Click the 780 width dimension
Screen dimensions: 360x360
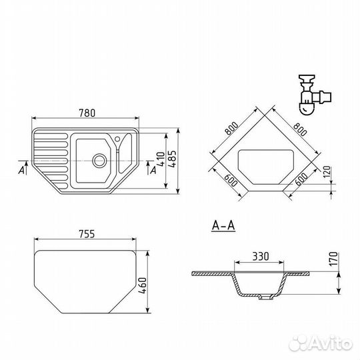coord(87,113)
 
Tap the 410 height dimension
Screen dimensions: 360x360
coord(161,159)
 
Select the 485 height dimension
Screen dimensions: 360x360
coord(172,159)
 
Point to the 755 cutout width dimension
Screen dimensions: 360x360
coord(87,234)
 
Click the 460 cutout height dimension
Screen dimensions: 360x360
coord(143,285)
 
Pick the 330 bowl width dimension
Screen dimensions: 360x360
coord(261,257)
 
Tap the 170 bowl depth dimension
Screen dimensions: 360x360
coord(333,259)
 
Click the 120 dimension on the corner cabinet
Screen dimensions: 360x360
coord(327,172)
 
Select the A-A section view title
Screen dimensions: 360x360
coord(223,225)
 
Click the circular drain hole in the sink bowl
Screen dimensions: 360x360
coord(99,161)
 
